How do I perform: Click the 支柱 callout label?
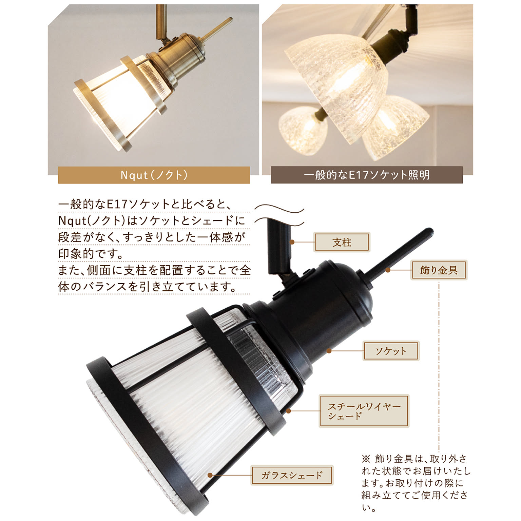click(x=342, y=242)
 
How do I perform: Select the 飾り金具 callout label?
click(x=439, y=270)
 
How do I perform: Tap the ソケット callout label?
click(x=391, y=351)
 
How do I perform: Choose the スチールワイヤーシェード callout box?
click(x=364, y=411)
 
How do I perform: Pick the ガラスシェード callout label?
click(x=292, y=475)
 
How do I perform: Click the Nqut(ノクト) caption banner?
click(x=154, y=175)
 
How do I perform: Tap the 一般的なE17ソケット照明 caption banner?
click(x=367, y=175)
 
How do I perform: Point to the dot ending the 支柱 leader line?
click(x=292, y=242)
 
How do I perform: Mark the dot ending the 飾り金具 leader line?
click(x=388, y=270)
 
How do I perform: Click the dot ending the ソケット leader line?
click(x=329, y=351)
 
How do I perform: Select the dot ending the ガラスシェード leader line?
click(x=210, y=475)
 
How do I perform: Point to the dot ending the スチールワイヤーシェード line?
click(x=288, y=411)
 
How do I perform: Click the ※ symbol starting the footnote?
click(x=366, y=459)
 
